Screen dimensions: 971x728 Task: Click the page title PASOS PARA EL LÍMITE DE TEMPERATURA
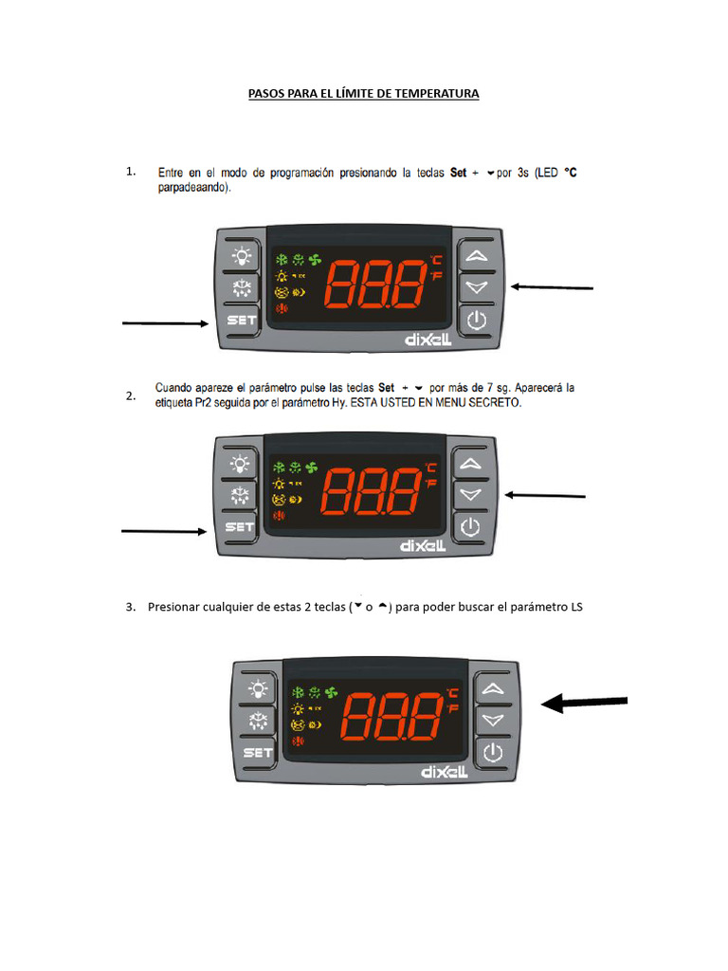click(x=363, y=94)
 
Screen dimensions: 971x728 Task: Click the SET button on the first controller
click(x=243, y=321)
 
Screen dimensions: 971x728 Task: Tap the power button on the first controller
click(x=476, y=321)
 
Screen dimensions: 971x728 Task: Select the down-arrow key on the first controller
click(x=476, y=286)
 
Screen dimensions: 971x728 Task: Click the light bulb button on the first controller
click(x=243, y=254)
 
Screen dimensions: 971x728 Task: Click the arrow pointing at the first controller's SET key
click(x=166, y=324)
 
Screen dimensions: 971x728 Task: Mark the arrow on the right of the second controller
click(x=545, y=495)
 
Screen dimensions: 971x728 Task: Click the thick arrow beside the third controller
click(x=584, y=703)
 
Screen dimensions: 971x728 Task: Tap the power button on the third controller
click(x=491, y=753)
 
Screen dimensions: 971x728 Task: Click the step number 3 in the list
click(x=130, y=607)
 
